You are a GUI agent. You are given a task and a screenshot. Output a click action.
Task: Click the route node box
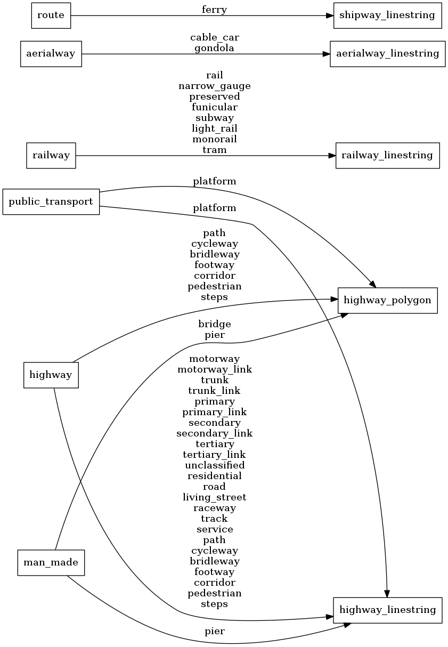coord(51,15)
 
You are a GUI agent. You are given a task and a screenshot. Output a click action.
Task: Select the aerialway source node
coord(51,53)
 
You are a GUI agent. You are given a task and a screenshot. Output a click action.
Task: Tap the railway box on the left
coord(51,155)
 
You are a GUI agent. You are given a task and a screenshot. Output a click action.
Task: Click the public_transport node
coord(51,201)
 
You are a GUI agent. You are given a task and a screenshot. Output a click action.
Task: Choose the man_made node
coord(51,562)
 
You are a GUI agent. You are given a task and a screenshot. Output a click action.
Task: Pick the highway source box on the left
coord(51,375)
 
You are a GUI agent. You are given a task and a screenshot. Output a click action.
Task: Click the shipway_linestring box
coord(387,15)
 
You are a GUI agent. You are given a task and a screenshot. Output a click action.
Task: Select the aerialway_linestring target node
coord(387,53)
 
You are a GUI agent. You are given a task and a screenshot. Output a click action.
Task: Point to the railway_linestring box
coord(387,155)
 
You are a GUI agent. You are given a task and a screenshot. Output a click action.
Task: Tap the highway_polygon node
coord(387,300)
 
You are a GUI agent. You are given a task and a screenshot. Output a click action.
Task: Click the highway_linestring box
coord(387,610)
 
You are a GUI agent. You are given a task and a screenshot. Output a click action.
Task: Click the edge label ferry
coord(214,9)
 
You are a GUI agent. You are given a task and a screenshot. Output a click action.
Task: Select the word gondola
coord(214,48)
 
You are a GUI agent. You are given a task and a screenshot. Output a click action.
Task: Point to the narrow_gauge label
coord(214,86)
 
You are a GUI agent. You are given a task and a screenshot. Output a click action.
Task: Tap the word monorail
coord(214,139)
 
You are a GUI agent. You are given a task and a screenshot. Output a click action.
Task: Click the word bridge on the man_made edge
coord(214,324)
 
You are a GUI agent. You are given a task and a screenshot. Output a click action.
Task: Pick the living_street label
coord(214,497)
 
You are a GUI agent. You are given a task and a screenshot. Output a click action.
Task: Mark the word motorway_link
coord(214,369)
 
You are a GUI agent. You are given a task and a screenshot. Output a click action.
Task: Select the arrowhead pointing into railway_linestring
coord(331,156)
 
